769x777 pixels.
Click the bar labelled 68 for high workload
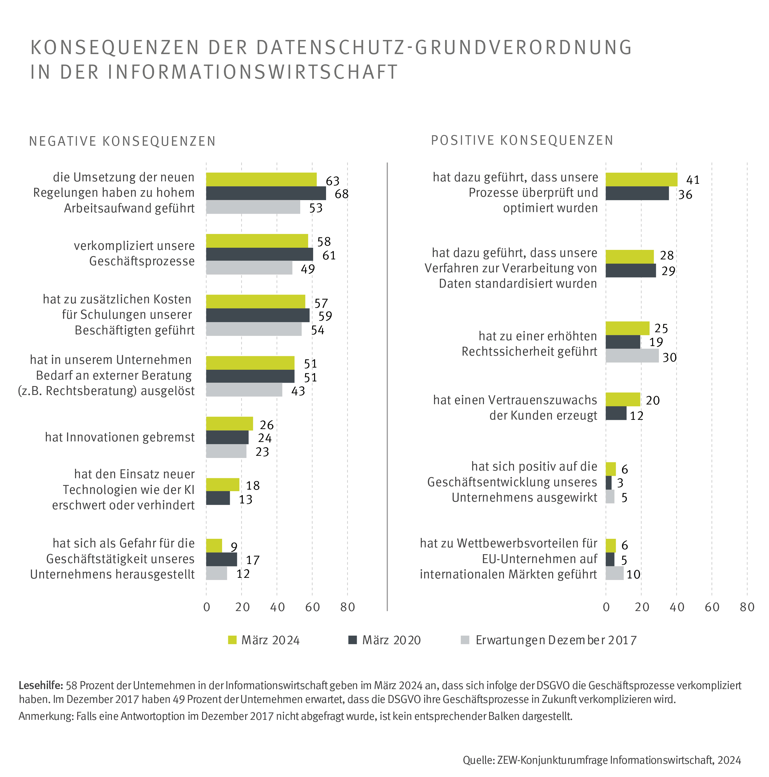[x=266, y=193]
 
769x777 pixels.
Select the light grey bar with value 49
[x=249, y=268]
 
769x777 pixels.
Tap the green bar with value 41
[x=641, y=180]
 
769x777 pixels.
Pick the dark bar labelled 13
[x=218, y=498]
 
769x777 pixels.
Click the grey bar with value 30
[x=632, y=356]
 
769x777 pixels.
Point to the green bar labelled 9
[x=214, y=546]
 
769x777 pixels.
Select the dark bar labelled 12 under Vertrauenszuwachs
[x=616, y=413]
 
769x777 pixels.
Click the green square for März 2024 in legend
[x=232, y=640]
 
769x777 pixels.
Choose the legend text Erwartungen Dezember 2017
[x=556, y=640]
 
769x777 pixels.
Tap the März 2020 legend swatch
[x=353, y=640]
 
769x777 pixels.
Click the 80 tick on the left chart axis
[x=348, y=607]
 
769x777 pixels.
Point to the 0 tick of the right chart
[x=606, y=607]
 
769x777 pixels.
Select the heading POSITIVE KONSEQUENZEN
[x=522, y=140]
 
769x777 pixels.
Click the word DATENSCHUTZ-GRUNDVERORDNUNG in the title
[x=444, y=47]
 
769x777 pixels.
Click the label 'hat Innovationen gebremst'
[x=120, y=437]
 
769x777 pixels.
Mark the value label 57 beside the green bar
[x=321, y=303]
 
